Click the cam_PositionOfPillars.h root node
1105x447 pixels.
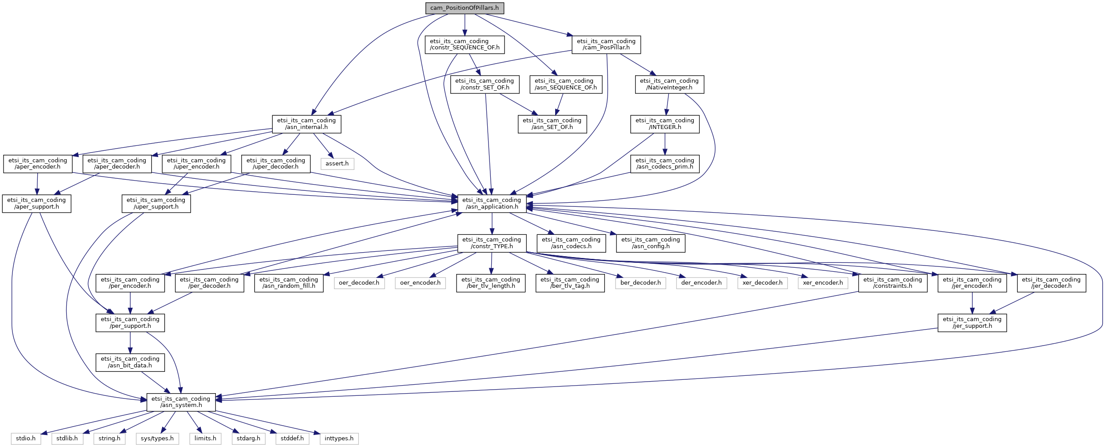point(465,8)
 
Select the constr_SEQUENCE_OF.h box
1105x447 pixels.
point(465,44)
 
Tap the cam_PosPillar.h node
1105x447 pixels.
point(606,44)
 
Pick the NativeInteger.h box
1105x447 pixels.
point(669,84)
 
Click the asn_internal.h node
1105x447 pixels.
point(306,124)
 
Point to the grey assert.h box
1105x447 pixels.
point(337,164)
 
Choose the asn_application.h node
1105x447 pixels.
point(492,203)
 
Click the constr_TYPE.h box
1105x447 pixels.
point(492,243)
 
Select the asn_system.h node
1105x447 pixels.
point(181,402)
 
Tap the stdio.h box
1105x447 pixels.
point(26,439)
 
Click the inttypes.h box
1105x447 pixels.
point(339,439)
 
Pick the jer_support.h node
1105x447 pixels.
point(972,322)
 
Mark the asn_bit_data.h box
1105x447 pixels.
point(130,362)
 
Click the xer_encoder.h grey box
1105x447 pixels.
point(823,283)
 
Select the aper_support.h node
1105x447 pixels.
point(36,203)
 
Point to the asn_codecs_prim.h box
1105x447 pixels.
point(664,164)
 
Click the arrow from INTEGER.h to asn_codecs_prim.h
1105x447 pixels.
point(665,144)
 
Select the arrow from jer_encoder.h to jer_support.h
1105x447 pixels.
point(972,303)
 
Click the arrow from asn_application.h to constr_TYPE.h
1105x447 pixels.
point(492,223)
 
